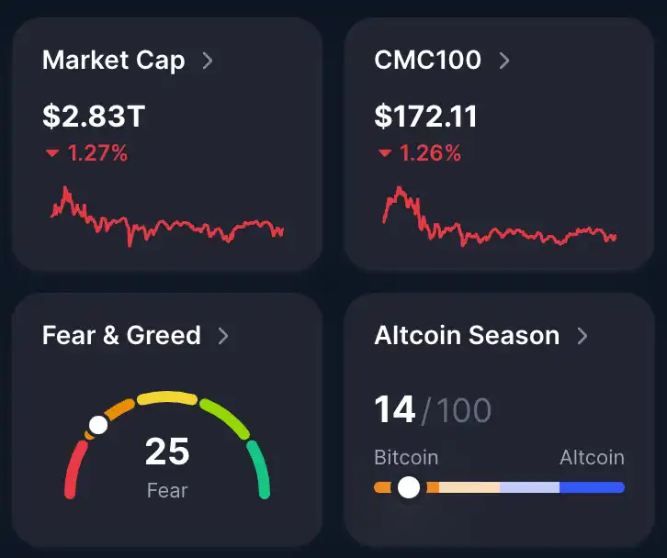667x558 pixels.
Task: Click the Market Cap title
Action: point(113,61)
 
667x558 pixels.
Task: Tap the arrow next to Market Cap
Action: point(208,61)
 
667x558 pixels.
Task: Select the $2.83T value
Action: point(94,117)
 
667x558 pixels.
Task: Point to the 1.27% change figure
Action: point(97,153)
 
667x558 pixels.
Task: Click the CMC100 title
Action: point(427,61)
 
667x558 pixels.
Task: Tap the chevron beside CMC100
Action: point(504,61)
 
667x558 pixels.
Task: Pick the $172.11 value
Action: point(425,117)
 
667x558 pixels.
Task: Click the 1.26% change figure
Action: point(429,153)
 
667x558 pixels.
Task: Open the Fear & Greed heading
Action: point(121,335)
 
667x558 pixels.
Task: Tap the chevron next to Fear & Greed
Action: point(223,335)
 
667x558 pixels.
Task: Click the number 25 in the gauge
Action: point(167,452)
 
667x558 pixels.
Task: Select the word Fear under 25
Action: point(167,490)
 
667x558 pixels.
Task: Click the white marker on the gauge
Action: point(97,426)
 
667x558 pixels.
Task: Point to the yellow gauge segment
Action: point(167,399)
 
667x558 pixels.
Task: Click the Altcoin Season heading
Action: point(467,335)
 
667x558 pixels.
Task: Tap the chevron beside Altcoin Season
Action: point(582,335)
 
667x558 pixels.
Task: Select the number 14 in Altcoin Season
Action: point(395,409)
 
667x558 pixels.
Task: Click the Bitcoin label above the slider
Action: point(406,457)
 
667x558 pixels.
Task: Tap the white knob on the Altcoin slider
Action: point(409,487)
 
